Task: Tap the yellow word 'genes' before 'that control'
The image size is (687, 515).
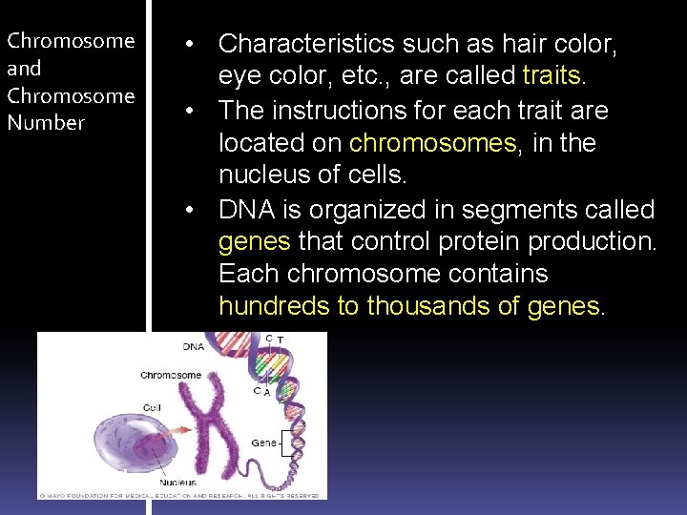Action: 254,241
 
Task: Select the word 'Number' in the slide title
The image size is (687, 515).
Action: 46,122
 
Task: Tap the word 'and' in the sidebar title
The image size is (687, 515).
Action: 24,68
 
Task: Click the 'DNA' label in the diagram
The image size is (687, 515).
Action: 193,346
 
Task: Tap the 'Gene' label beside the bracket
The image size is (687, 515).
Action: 262,443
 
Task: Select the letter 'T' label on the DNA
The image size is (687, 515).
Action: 280,340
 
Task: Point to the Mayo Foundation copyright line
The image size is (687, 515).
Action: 181,495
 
